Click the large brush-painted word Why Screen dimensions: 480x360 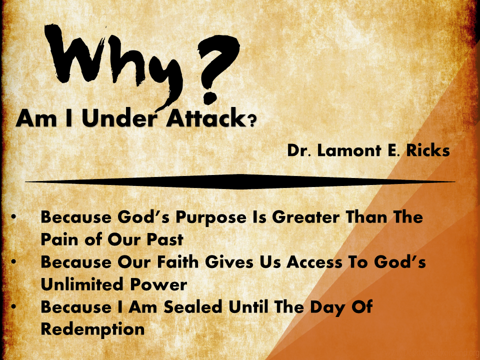click(113, 61)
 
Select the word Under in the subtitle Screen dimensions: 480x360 click(119, 118)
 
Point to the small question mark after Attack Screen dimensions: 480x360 click(251, 121)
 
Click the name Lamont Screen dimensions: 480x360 click(349, 150)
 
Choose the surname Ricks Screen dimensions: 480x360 click(428, 150)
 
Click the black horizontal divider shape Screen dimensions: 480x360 click(240, 181)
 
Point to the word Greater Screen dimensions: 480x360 click(306, 217)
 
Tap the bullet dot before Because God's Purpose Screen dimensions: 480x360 click(13, 216)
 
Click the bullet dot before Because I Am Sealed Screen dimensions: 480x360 click(13, 306)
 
